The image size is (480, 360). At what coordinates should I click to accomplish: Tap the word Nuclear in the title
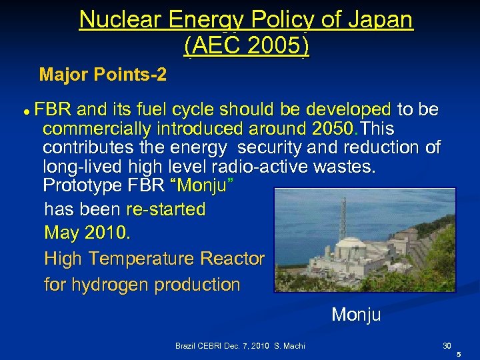coord(120,20)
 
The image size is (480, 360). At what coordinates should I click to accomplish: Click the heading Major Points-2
coord(103,74)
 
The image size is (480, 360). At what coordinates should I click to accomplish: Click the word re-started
coord(165,209)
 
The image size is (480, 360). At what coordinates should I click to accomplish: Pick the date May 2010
coord(87,233)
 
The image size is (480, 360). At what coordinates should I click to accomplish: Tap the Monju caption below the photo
coord(356,314)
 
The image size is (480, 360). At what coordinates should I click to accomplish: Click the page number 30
coord(447,346)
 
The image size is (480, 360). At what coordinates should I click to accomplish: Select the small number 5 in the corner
coord(459,355)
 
